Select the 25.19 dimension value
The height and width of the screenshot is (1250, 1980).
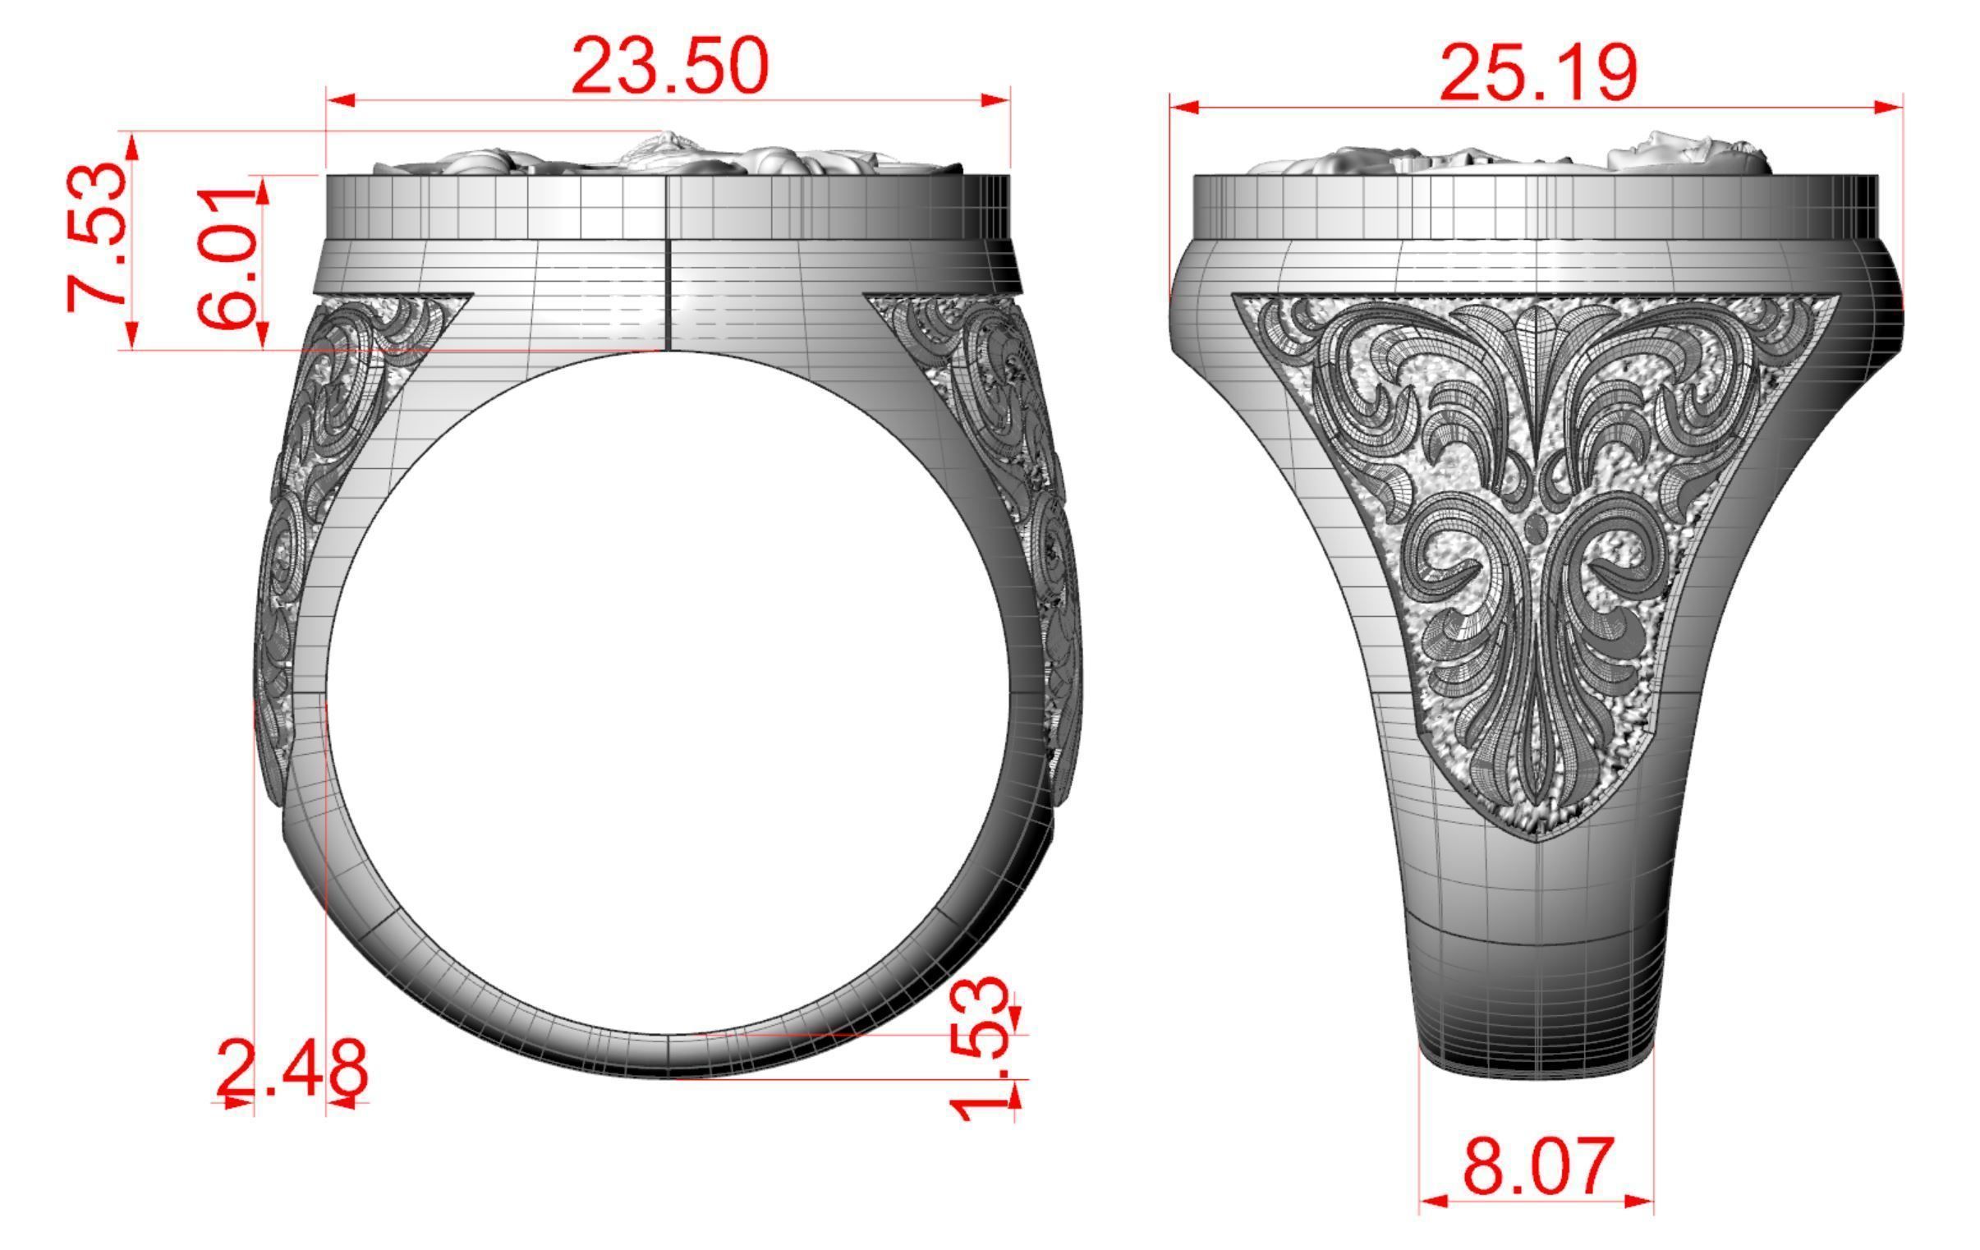coord(1538,74)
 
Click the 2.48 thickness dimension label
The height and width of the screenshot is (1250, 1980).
coord(291,1069)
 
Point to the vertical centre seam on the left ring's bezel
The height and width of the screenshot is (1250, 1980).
coord(667,263)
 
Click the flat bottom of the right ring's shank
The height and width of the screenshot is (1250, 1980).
coord(1536,1069)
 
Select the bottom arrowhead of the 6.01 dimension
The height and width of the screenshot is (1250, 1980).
coord(262,334)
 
